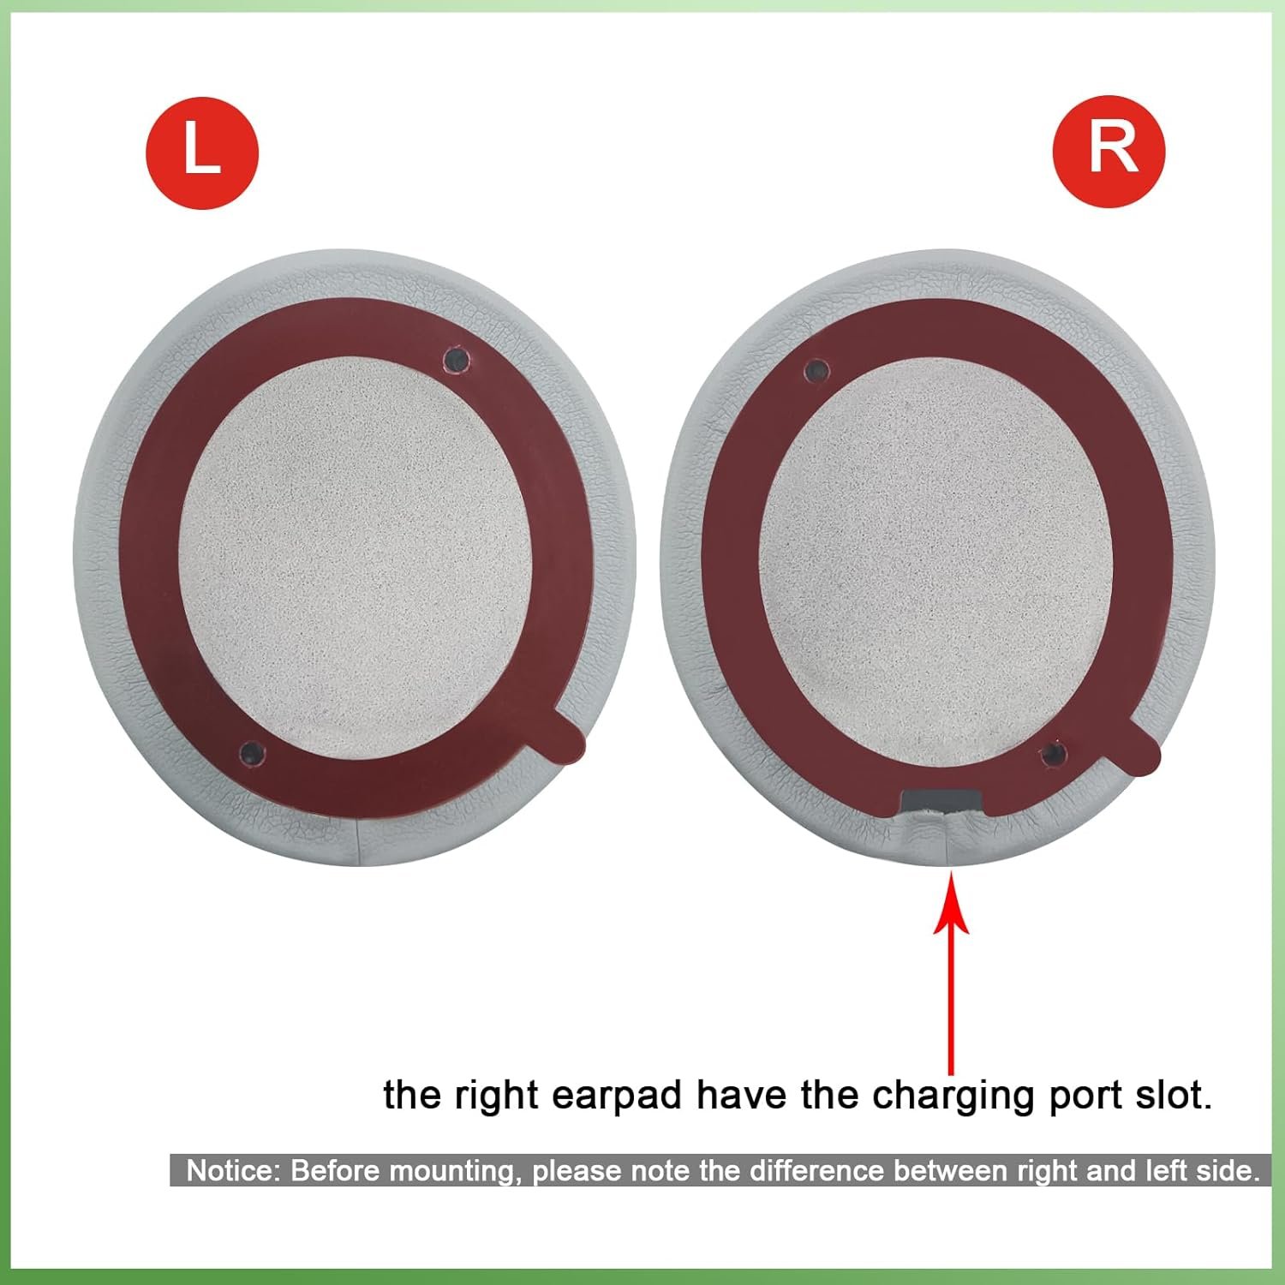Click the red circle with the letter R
point(1109,151)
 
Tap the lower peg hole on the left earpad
point(252,753)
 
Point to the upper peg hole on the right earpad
point(817,370)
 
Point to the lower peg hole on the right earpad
point(1052,754)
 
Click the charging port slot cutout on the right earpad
point(941,802)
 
